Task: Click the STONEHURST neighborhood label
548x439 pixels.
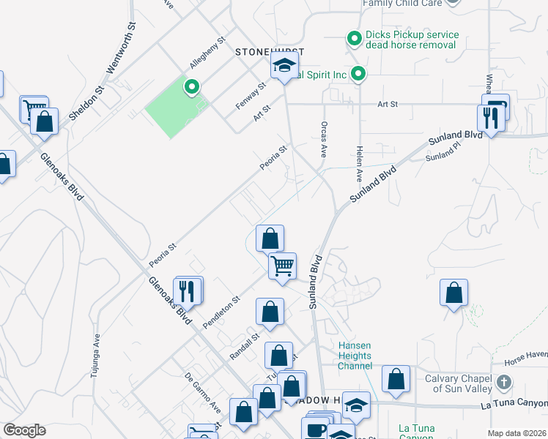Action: pos(269,52)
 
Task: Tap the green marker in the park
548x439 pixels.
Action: pos(192,88)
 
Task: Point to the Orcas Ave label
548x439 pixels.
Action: pos(322,140)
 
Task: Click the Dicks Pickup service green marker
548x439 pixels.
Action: pos(354,37)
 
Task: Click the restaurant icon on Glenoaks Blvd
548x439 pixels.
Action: pos(189,290)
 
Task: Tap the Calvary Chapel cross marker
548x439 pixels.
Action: pos(504,383)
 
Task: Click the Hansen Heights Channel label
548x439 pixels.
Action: pos(355,356)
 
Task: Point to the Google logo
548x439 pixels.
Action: pos(24,430)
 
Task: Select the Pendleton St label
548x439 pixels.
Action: pos(223,311)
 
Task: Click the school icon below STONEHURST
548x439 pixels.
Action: pos(284,66)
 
